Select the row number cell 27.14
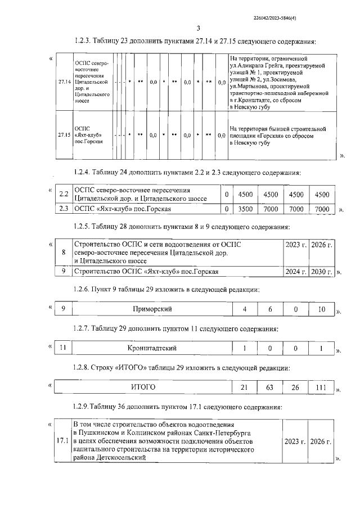[x=64, y=82]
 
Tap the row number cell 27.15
[x=64, y=135]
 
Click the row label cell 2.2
[x=64, y=194]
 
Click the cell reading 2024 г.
[x=295, y=272]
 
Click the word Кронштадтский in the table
[x=152, y=349]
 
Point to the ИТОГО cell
[x=143, y=388]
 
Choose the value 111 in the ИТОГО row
[x=319, y=388]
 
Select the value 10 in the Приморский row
[x=319, y=309]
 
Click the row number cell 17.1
[x=64, y=441]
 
